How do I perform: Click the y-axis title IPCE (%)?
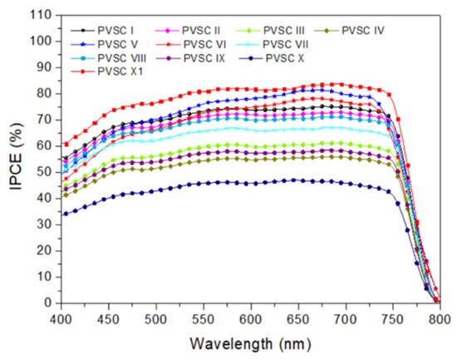14,159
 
